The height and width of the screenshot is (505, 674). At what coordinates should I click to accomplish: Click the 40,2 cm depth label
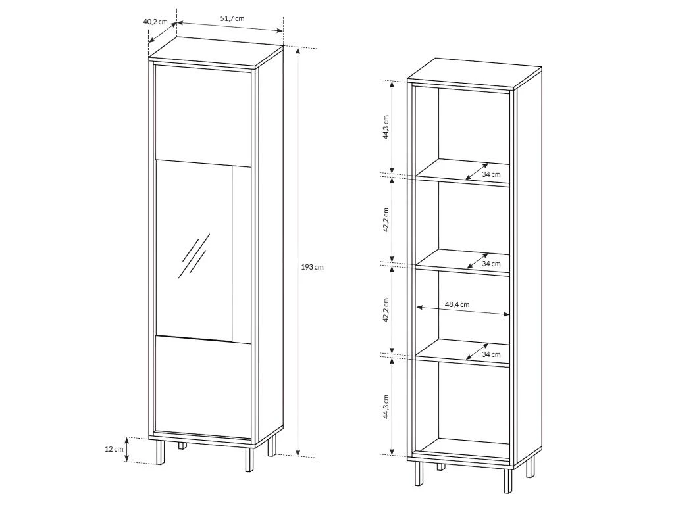(155, 22)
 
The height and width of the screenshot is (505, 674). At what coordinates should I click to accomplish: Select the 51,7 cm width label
(232, 18)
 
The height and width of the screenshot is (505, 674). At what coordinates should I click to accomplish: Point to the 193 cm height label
(313, 267)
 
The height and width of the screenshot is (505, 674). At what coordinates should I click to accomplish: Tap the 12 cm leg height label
(114, 449)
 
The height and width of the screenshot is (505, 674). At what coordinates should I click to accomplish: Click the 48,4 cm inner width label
(457, 304)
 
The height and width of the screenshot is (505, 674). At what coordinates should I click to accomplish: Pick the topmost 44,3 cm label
(386, 127)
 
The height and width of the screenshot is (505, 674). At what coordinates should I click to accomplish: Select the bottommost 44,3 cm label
(386, 407)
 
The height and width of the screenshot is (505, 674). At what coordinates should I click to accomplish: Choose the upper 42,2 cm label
(386, 220)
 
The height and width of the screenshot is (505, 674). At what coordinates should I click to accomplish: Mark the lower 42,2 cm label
(386, 310)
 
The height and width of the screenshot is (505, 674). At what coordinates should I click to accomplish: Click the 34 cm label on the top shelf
(491, 174)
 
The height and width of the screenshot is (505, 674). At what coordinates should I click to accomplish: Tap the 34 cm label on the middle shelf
(491, 264)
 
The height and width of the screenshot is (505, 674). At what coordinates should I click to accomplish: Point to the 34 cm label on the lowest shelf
(491, 354)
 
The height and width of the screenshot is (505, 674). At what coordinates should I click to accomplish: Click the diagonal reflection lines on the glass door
(195, 254)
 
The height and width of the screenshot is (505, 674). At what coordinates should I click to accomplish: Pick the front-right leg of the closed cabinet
(247, 459)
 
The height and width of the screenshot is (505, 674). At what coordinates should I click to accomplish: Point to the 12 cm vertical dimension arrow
(128, 450)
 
